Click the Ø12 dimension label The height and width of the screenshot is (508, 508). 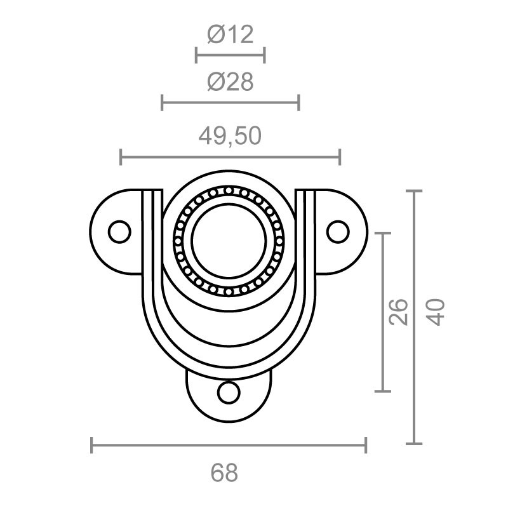(230, 34)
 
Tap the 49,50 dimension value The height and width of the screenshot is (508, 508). (230, 136)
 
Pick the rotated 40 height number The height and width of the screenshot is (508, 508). (436, 312)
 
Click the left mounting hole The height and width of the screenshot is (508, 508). (119, 231)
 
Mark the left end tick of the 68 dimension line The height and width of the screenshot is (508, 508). (92, 445)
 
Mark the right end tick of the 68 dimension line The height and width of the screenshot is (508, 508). (366, 445)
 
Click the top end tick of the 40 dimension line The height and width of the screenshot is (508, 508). (414, 190)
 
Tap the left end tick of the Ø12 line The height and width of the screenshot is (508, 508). (196, 55)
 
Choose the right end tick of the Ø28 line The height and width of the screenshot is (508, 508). (298, 102)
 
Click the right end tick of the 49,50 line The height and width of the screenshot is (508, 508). (340, 156)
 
